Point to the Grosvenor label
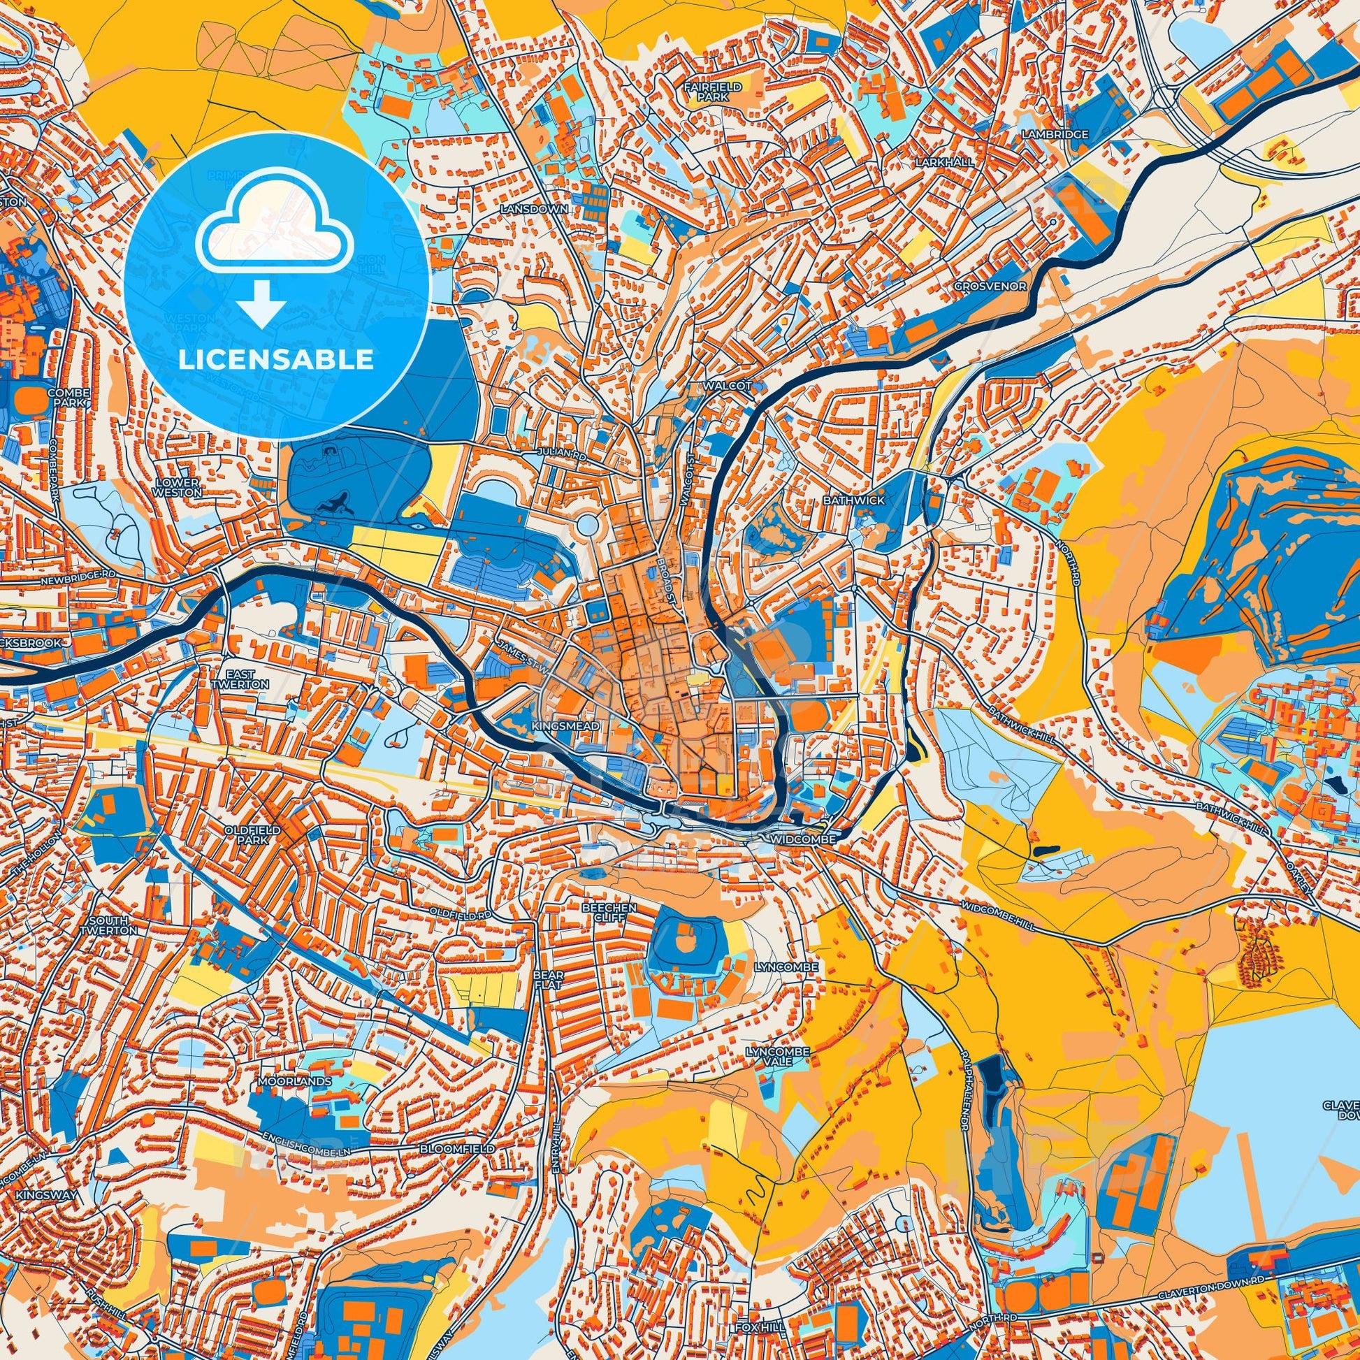990,287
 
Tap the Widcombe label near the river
802,841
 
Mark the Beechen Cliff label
608,913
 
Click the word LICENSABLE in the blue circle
276,360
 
